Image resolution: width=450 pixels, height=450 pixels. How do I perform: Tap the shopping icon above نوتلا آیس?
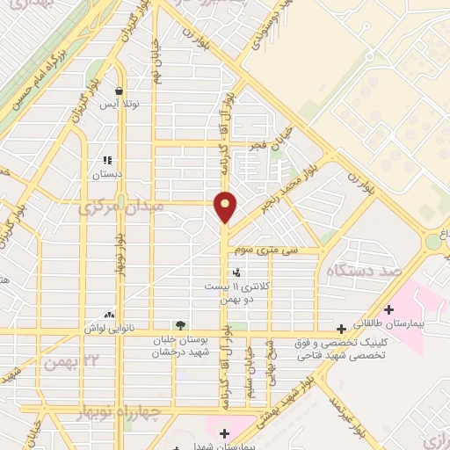[x=118, y=90]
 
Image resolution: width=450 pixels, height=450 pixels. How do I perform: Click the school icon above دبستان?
[x=105, y=161]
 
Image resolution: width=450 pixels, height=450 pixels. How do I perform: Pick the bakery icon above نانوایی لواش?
[x=109, y=315]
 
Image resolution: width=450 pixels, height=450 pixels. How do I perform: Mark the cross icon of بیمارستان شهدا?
[x=224, y=432]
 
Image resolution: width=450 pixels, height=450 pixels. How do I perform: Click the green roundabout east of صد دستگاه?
[x=434, y=241]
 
